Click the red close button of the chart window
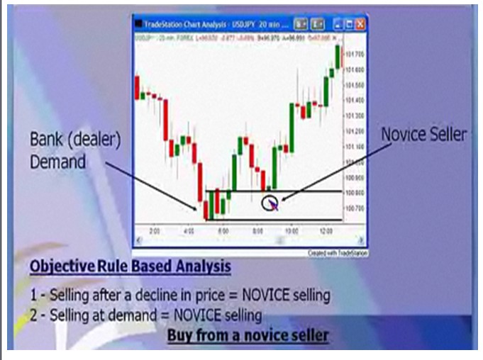tap(360, 23)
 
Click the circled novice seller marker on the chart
tap(269, 203)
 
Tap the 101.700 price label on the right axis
tap(354, 55)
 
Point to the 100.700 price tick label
tap(354, 208)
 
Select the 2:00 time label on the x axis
tap(155, 231)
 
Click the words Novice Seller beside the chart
tap(424, 135)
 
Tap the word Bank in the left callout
tap(46, 139)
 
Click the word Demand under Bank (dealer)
tap(57, 162)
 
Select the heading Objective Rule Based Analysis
tap(130, 266)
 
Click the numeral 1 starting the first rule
tap(33, 293)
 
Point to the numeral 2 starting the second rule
tap(33, 313)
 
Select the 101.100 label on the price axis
tap(354, 147)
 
